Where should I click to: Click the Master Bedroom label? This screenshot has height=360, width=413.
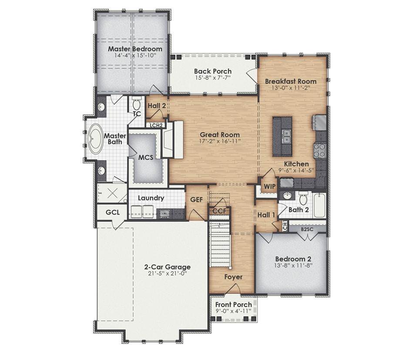(x=135, y=49)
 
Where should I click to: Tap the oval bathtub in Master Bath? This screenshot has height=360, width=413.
(x=94, y=139)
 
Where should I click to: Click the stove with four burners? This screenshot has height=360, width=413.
(x=319, y=150)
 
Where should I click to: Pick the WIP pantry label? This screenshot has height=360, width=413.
(x=269, y=187)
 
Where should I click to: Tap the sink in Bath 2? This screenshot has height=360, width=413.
(x=288, y=196)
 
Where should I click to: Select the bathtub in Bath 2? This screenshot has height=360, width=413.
(x=320, y=205)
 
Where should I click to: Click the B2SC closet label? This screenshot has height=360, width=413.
(x=307, y=229)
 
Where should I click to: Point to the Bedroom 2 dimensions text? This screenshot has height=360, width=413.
(x=293, y=265)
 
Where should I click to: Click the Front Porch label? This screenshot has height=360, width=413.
(x=233, y=305)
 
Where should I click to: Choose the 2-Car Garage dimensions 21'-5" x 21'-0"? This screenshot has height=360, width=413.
(x=167, y=273)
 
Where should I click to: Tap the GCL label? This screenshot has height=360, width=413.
(x=112, y=212)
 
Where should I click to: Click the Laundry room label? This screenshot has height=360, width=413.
(x=151, y=198)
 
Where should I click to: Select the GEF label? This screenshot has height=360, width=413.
(x=197, y=199)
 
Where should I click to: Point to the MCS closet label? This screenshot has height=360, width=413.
(x=146, y=157)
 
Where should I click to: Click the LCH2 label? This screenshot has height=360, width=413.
(x=156, y=125)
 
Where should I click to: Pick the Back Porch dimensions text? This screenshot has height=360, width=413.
(x=213, y=77)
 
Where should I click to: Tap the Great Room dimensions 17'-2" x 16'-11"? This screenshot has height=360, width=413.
(x=220, y=141)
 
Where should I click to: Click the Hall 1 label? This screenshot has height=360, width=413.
(x=266, y=215)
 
